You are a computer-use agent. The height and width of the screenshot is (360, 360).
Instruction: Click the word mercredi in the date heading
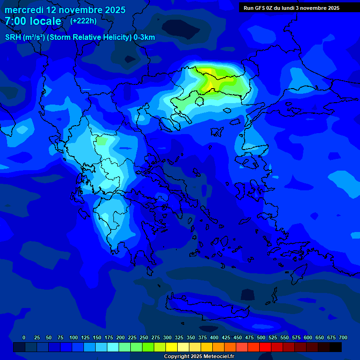[x=24, y=10]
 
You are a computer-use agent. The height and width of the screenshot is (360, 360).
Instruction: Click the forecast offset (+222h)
[x=83, y=21]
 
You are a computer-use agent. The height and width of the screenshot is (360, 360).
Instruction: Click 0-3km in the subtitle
[x=144, y=37]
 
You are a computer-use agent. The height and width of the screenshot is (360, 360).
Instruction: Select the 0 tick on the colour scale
[x=24, y=337]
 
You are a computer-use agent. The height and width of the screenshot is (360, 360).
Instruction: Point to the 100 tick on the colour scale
[x=74, y=337]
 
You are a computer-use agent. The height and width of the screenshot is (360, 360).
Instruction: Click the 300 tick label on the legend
[x=167, y=337]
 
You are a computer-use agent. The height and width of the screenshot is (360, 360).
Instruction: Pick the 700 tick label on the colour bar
[x=343, y=337]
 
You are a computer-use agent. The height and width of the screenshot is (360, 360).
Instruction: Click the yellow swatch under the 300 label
[x=172, y=347]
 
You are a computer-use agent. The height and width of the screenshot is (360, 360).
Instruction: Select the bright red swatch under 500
[x=265, y=347]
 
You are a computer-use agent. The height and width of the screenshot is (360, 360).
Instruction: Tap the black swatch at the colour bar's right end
[x=336, y=347]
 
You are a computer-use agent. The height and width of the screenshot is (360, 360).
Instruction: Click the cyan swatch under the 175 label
[x=113, y=347]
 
